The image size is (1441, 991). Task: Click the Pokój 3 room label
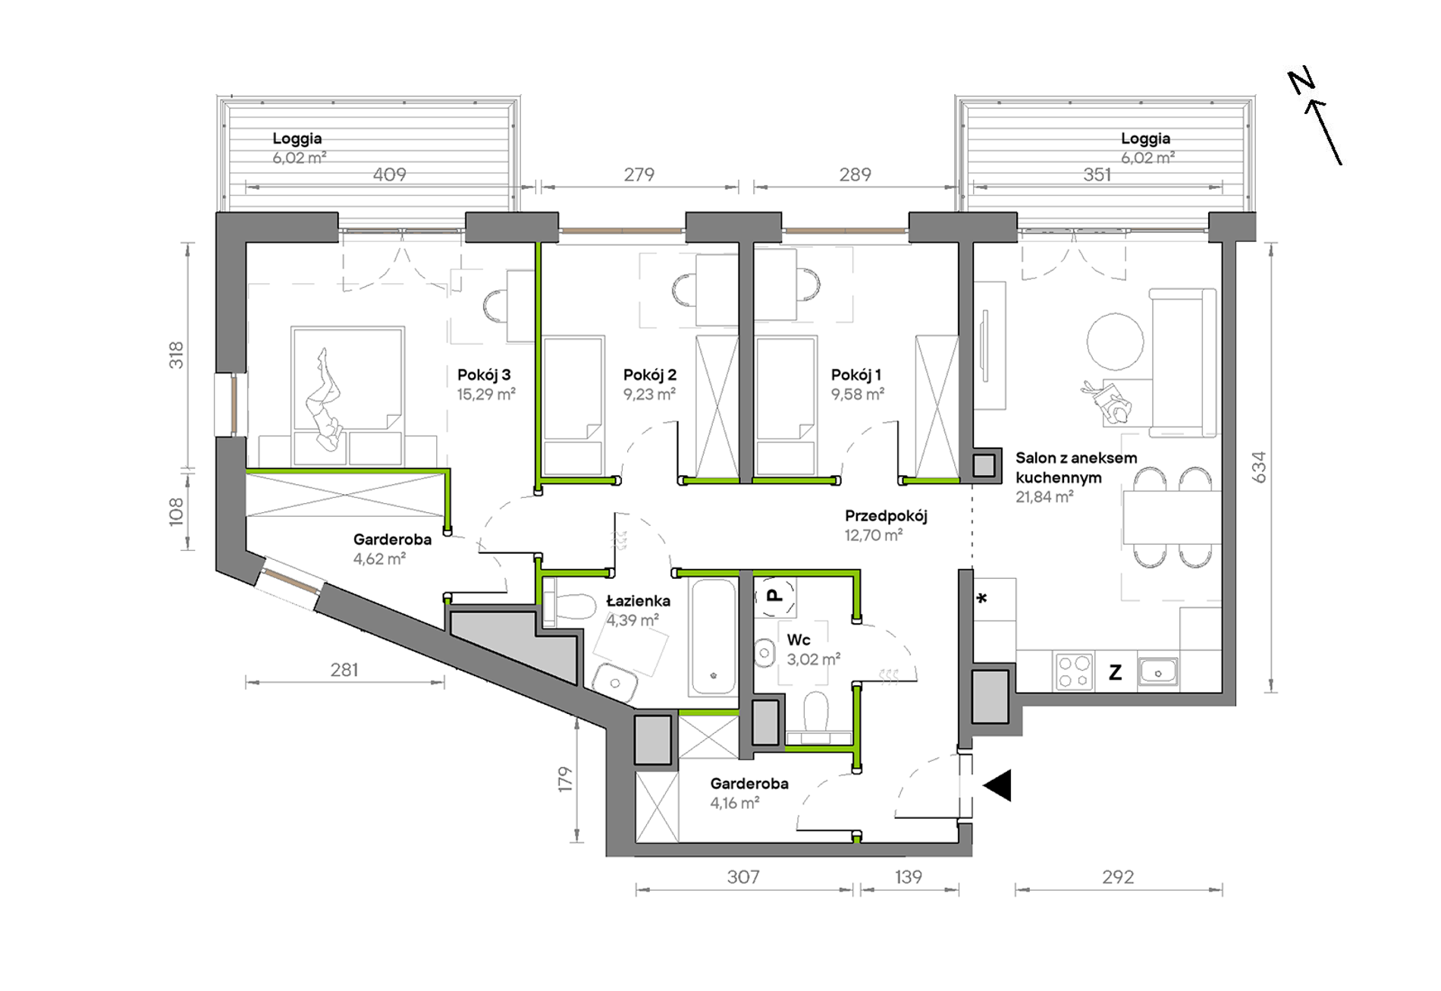pyautogui.click(x=484, y=375)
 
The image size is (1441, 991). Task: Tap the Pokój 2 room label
pyautogui.click(x=649, y=375)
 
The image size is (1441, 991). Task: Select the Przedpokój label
pyautogui.click(x=886, y=517)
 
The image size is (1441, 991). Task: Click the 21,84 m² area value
pyautogui.click(x=1044, y=497)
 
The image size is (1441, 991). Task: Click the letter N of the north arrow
pyautogui.click(x=1301, y=82)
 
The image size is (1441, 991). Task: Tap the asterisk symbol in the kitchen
pyautogui.click(x=982, y=599)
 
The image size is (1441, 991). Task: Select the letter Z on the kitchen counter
pyautogui.click(x=1115, y=672)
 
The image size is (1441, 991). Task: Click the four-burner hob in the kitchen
pyautogui.click(x=1074, y=672)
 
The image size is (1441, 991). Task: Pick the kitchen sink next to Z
pyautogui.click(x=1157, y=672)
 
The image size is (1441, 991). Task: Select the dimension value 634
pyautogui.click(x=1258, y=467)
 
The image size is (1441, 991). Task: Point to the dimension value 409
pyautogui.click(x=389, y=175)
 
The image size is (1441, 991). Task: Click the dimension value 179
pyautogui.click(x=565, y=780)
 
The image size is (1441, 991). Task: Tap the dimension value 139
pyautogui.click(x=908, y=877)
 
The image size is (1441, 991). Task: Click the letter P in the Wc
pyautogui.click(x=774, y=595)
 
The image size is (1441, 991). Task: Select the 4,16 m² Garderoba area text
pyautogui.click(x=734, y=804)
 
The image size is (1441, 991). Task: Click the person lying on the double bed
pyautogui.click(x=325, y=400)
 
